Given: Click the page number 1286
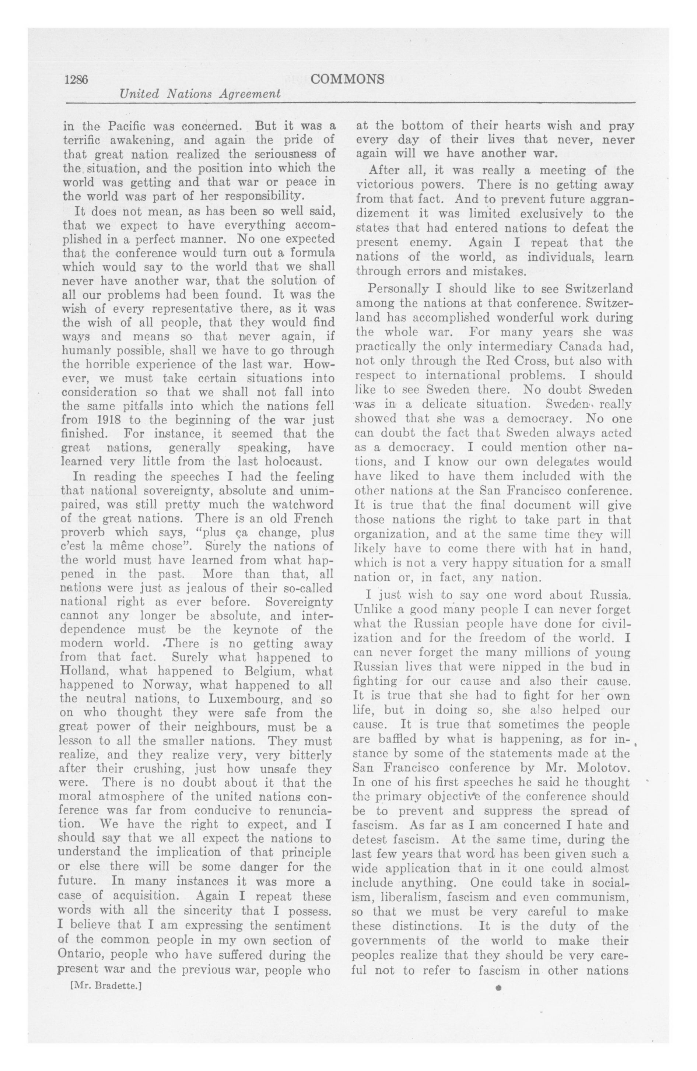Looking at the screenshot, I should (x=76, y=80).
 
